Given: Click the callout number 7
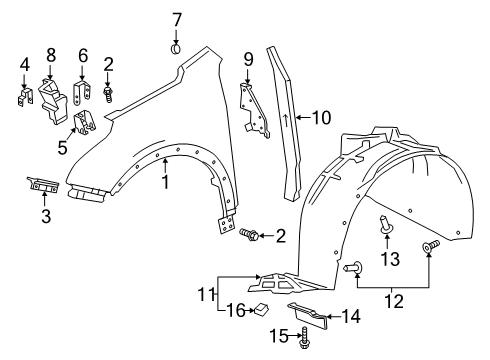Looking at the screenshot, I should click(x=176, y=19).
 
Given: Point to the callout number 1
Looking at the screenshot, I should click(x=166, y=183).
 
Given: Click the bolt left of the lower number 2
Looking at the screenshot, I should click(x=250, y=234).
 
